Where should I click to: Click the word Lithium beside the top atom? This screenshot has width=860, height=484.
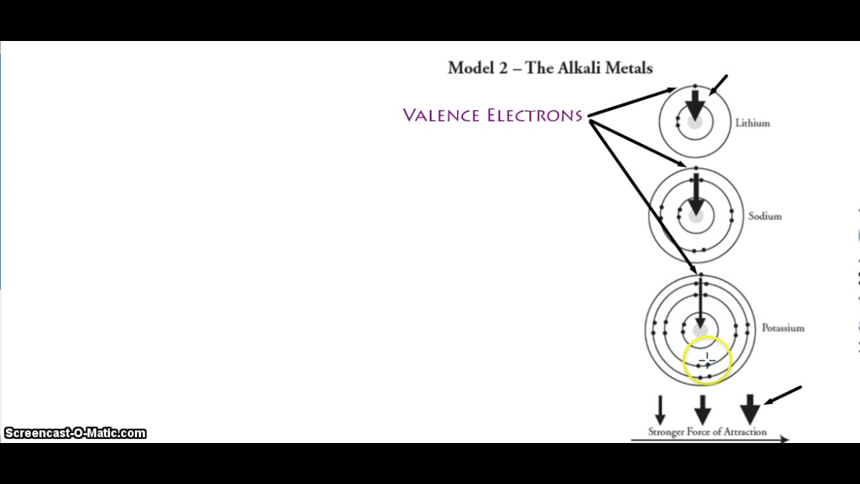tap(752, 124)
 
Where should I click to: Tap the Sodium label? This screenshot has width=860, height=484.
tap(765, 216)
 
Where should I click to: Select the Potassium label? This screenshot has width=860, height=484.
tap(783, 328)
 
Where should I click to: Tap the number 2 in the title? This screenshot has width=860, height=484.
tap(503, 68)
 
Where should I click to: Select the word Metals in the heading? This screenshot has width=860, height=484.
tap(629, 68)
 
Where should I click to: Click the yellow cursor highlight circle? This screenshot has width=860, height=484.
tap(707, 361)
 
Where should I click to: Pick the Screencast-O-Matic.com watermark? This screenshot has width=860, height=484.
tap(75, 434)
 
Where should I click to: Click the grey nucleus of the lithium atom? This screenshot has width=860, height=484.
tap(695, 123)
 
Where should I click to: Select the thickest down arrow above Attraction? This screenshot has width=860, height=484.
tap(750, 409)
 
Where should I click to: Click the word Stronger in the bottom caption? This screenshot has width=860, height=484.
tap(666, 432)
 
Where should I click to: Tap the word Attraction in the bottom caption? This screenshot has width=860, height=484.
tap(743, 432)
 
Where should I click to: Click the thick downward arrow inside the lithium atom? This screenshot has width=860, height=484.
tap(695, 104)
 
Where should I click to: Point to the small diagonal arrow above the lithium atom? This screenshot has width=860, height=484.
tap(718, 85)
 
